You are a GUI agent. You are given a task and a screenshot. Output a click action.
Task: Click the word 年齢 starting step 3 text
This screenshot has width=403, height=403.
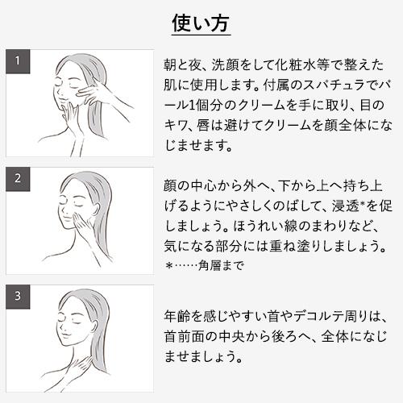[x=173, y=314]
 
